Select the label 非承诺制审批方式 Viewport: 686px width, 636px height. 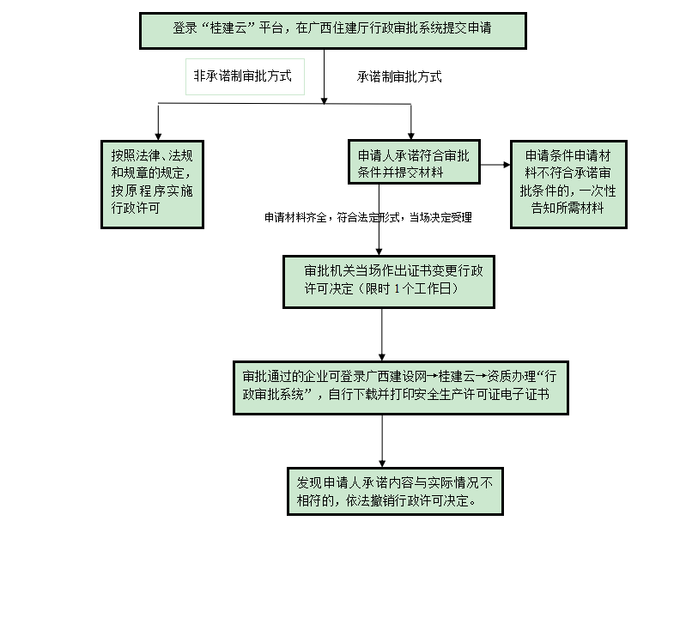(x=243, y=76)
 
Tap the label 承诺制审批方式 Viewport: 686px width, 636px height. (x=399, y=77)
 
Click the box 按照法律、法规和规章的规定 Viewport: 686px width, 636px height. (x=152, y=183)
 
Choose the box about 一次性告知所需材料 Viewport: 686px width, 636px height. (x=568, y=183)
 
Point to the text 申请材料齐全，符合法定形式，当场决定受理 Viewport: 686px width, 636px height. (x=367, y=218)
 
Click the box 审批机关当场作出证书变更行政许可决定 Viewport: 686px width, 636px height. (x=388, y=281)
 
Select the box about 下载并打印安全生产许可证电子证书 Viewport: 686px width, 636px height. (x=401, y=387)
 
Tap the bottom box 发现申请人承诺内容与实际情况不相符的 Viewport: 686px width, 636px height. (x=395, y=491)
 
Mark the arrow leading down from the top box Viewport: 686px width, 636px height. (x=324, y=77)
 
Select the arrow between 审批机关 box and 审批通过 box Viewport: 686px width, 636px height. (x=382, y=335)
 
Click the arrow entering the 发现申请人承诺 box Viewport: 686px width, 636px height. (x=382, y=442)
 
